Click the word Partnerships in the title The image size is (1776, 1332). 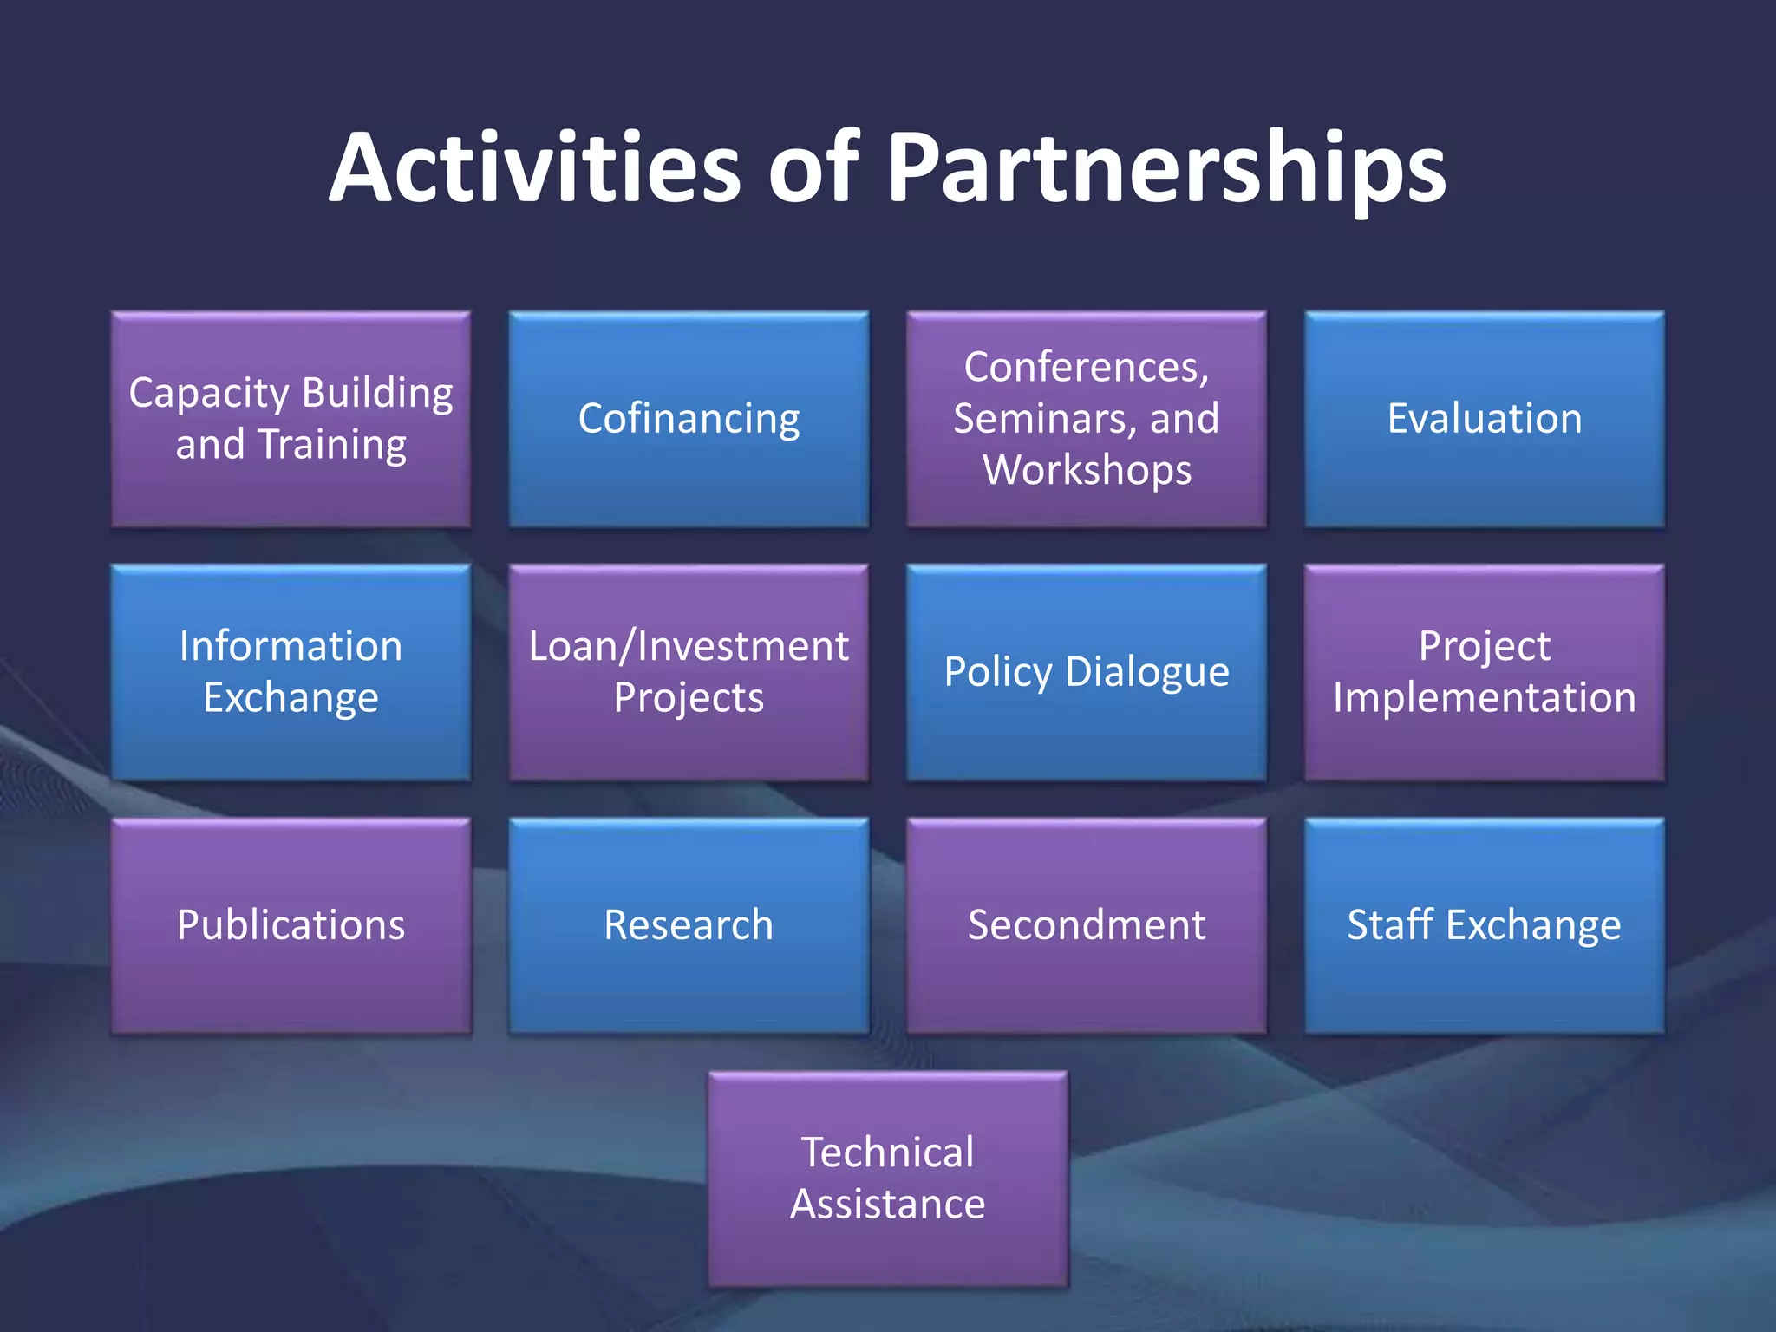(x=1165, y=169)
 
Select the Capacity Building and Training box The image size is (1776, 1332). (x=291, y=419)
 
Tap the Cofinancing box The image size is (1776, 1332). (x=689, y=419)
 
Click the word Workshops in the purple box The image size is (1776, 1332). (x=1087, y=471)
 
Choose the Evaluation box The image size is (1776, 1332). (x=1484, y=419)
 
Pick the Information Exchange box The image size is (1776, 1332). (x=291, y=672)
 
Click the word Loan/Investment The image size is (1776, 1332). (x=689, y=647)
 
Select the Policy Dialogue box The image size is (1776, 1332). (x=1087, y=672)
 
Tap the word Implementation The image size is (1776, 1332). (x=1484, y=698)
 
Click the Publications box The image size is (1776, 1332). (x=291, y=925)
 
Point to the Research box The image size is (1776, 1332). (x=689, y=925)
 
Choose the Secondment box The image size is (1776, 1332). (x=1087, y=925)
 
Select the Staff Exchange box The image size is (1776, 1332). (x=1484, y=925)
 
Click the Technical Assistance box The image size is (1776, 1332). (x=887, y=1179)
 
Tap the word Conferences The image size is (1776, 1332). (x=1086, y=368)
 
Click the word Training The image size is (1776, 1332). (x=332, y=446)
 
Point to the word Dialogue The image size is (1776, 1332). (x=1146, y=673)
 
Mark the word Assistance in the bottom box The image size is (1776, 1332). (x=887, y=1205)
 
